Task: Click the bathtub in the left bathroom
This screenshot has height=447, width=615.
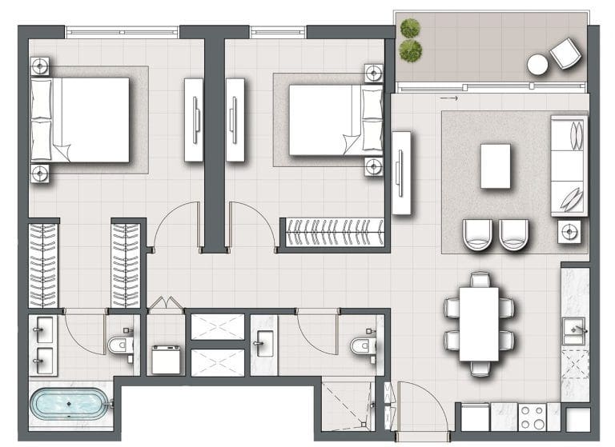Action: [68, 405]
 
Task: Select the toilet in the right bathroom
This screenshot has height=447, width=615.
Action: [363, 345]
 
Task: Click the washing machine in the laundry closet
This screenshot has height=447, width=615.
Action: [167, 360]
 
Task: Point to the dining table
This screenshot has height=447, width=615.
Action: [480, 324]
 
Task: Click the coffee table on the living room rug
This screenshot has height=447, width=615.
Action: [496, 166]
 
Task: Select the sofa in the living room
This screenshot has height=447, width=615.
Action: [569, 166]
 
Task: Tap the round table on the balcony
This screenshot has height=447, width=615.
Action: [537, 64]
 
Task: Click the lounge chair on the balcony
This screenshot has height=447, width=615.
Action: [566, 54]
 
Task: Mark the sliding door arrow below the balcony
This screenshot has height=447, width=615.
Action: [449, 98]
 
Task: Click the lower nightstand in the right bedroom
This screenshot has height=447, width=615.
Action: [373, 166]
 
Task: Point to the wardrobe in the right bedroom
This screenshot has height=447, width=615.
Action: [334, 233]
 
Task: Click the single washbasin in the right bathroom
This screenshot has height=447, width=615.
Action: [263, 345]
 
